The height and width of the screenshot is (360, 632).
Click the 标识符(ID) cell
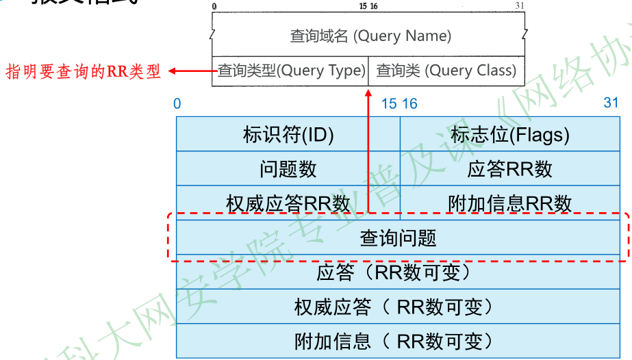pos(288,134)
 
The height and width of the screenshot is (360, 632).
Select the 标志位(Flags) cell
pos(510,134)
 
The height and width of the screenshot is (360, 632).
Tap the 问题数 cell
pos(288,168)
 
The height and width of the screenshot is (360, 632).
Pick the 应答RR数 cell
pos(510,168)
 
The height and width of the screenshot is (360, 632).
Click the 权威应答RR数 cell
pos(288,203)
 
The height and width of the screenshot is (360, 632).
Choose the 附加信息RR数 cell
pos(510,203)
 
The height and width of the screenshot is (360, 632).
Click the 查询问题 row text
pos(398,237)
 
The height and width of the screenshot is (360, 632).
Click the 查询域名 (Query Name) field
pos(370,36)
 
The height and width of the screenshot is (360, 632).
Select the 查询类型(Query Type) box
pos(291,70)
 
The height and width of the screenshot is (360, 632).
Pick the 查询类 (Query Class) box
pos(446,70)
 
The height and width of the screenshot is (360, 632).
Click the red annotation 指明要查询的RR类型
pos(84,71)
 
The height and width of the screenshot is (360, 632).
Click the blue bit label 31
pos(611,103)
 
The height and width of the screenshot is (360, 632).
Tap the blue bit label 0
pos(177,103)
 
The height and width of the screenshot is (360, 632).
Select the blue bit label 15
pos(388,103)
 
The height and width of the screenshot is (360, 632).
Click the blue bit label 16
pos(409,103)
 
